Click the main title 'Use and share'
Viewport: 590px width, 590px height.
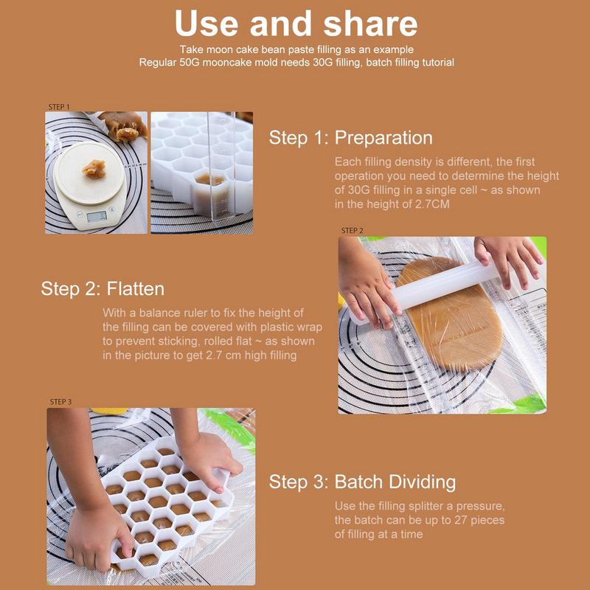click(296, 24)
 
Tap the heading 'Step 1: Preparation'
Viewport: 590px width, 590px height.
click(351, 138)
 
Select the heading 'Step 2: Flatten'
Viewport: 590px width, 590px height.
click(103, 289)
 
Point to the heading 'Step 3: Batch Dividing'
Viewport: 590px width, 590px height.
click(362, 482)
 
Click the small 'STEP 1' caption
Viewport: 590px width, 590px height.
click(59, 107)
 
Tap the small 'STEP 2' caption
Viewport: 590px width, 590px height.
click(353, 231)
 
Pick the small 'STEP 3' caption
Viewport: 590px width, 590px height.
click(60, 402)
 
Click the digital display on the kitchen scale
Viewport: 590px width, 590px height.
click(97, 216)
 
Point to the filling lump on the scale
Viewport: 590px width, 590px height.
click(94, 169)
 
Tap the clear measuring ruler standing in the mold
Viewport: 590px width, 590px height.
click(222, 165)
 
